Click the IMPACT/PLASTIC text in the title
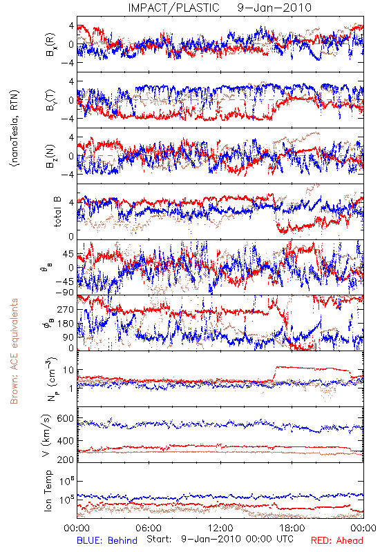click(x=174, y=8)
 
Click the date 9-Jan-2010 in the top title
click(x=274, y=8)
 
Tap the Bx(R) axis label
click(x=50, y=44)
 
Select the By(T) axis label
click(x=50, y=100)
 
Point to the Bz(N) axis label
click(x=50, y=156)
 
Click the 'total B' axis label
click(x=57, y=212)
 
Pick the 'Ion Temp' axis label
click(x=48, y=491)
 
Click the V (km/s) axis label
click(x=46, y=435)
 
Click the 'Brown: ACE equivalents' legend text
click(x=14, y=351)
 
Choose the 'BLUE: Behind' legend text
click(x=107, y=540)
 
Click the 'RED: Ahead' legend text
click(x=337, y=540)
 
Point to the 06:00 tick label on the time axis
click(x=149, y=528)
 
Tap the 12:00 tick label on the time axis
click(x=220, y=528)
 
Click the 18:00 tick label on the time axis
click(x=292, y=528)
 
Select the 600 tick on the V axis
click(x=65, y=419)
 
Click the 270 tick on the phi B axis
click(x=65, y=309)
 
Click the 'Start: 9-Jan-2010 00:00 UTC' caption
click(x=220, y=540)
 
